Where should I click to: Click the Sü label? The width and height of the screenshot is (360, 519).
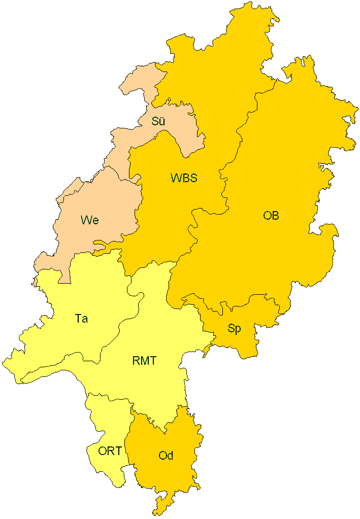[x=158, y=121]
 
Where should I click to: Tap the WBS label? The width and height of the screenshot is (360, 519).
[x=184, y=178]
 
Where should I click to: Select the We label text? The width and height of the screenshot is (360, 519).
[x=89, y=220]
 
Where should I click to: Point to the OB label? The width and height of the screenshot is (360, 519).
[x=271, y=216]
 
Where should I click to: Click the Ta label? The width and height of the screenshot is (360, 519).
[x=81, y=319]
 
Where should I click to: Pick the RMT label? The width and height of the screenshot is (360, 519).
[x=144, y=361]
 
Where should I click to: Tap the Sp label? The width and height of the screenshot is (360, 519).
[x=234, y=328]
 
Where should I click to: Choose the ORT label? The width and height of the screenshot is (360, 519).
[x=110, y=451]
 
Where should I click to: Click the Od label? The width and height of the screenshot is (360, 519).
[x=166, y=456]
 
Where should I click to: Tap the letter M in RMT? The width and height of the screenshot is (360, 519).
[x=144, y=361]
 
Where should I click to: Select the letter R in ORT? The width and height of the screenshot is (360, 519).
[x=110, y=451]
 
